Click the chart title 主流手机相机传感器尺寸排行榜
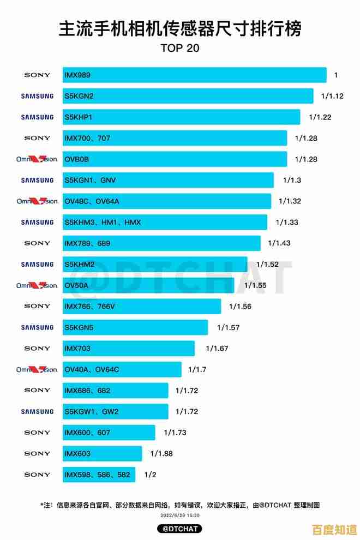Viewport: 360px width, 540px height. (180, 28)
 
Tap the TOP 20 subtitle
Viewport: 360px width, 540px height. (180, 48)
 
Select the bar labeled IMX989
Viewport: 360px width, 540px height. (194, 75)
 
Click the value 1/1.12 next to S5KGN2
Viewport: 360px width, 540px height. (332, 96)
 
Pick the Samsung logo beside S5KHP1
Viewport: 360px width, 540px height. (37, 117)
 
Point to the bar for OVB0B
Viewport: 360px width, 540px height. (175, 159)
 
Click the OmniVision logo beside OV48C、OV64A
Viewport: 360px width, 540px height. (37, 201)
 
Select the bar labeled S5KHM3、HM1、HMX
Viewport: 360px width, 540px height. (165, 222)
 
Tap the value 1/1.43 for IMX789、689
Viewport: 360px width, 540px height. (279, 243)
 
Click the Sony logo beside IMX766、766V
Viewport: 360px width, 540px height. (37, 307)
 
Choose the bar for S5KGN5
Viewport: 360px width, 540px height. (135, 327)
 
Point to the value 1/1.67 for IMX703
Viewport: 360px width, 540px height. (217, 349)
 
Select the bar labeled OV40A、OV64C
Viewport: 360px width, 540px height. (122, 369)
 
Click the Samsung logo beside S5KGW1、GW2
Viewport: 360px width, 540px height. (37, 412)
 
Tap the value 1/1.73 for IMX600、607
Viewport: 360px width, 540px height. (175, 433)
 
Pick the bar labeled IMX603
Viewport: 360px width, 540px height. (103, 454)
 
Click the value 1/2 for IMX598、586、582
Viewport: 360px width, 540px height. (150, 475)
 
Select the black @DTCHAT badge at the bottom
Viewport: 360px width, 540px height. (179, 529)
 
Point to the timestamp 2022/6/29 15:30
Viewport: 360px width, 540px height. (179, 515)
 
